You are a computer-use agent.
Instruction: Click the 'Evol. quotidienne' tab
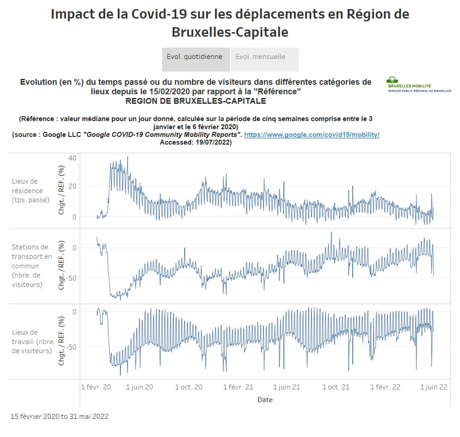195,57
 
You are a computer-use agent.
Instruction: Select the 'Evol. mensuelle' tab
261,57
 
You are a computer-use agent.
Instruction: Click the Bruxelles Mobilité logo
418,85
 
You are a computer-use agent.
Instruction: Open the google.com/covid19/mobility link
311,135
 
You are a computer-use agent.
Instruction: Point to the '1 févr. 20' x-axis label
96,387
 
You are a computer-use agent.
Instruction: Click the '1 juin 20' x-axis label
139,387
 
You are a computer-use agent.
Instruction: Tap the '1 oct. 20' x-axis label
189,387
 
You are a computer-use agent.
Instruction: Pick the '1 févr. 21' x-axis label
238,387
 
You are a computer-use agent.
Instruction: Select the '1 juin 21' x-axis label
287,387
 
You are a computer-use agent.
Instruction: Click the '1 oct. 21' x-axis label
336,387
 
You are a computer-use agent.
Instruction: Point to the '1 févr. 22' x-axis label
385,387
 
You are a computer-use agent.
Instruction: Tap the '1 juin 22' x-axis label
434,387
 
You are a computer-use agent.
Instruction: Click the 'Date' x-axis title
265,400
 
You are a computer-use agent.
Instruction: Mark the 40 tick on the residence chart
72,158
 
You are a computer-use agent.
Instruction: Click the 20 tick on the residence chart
72,186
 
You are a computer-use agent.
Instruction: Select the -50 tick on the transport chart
71,278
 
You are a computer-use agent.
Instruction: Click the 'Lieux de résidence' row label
30,190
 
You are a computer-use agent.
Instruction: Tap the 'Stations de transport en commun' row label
32,266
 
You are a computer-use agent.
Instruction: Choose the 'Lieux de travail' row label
32,341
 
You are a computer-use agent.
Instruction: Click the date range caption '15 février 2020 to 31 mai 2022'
59,416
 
